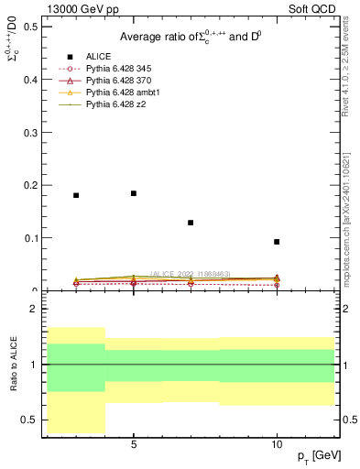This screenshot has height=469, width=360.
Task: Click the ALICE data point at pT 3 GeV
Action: [x=76, y=195]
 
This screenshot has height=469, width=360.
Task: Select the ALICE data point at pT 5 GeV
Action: [x=134, y=193]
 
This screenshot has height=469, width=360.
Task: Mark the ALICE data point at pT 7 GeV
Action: [x=191, y=223]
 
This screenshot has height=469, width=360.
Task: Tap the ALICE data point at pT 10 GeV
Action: [x=277, y=242]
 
